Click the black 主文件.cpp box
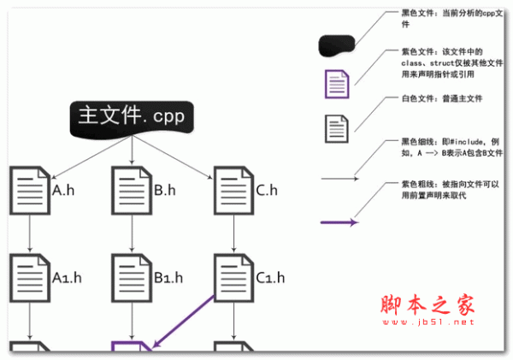[x=132, y=118]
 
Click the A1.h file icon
[x=30, y=275]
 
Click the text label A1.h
[x=68, y=278]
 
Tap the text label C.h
[x=266, y=191]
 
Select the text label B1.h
[x=169, y=278]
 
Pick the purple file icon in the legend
[x=337, y=85]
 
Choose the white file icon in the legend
[x=337, y=128]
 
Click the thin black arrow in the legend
[x=339, y=180]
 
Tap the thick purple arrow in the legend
[x=339, y=224]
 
